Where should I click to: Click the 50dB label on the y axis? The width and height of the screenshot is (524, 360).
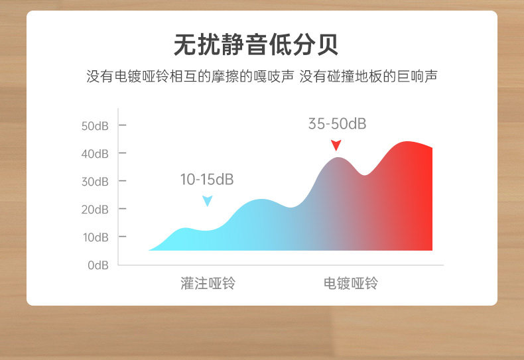click(x=95, y=126)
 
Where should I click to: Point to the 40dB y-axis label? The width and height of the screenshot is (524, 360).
click(x=95, y=154)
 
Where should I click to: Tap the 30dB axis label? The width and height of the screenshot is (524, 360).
click(x=95, y=182)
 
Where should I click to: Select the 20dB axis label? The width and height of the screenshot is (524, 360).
click(x=95, y=210)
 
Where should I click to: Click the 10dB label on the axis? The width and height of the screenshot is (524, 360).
click(x=96, y=237)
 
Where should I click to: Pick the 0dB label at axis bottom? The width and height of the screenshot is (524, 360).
click(x=98, y=265)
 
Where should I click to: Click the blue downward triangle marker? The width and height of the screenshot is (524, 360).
click(x=207, y=201)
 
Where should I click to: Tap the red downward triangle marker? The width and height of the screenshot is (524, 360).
click(x=336, y=145)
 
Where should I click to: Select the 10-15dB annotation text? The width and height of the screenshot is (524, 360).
click(x=207, y=179)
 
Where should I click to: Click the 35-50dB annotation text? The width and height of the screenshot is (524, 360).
click(x=337, y=123)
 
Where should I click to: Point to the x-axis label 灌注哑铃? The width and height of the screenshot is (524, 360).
click(x=208, y=283)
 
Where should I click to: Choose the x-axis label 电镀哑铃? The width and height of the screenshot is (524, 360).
click(x=351, y=283)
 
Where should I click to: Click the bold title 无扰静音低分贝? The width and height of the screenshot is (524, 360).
click(x=256, y=44)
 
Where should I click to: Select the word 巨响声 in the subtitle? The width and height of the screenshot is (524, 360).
click(x=417, y=76)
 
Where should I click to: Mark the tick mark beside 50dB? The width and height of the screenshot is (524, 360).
click(x=122, y=125)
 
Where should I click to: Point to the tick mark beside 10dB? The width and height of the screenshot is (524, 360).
click(x=122, y=237)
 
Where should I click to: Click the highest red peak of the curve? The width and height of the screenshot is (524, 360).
click(x=407, y=142)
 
